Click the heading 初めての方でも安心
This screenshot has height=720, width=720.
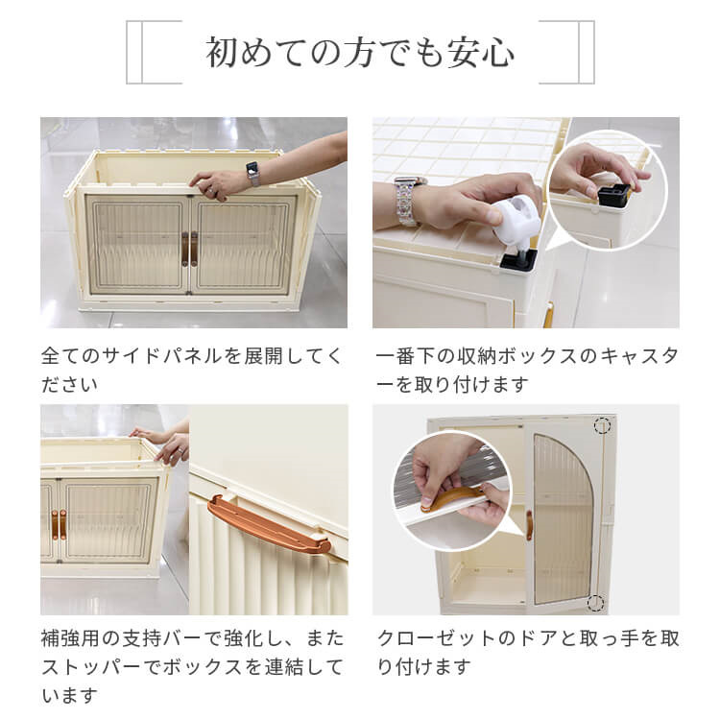click(360, 53)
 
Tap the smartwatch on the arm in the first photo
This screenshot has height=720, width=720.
click(252, 173)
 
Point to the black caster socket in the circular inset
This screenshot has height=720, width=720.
click(613, 195)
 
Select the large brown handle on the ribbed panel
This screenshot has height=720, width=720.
click(269, 524)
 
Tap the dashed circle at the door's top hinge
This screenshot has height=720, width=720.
click(602, 425)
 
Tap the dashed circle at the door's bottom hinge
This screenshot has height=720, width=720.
click(595, 602)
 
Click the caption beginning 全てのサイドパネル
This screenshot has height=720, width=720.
click(192, 370)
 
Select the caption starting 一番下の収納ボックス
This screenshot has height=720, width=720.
click(527, 370)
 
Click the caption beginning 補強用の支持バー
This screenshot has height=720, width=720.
click(192, 666)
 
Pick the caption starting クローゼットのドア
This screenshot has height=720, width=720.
click(528, 652)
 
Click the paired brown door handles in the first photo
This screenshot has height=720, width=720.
click(189, 249)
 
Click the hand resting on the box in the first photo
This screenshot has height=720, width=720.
click(217, 184)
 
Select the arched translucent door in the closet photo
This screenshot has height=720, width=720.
click(563, 518)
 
